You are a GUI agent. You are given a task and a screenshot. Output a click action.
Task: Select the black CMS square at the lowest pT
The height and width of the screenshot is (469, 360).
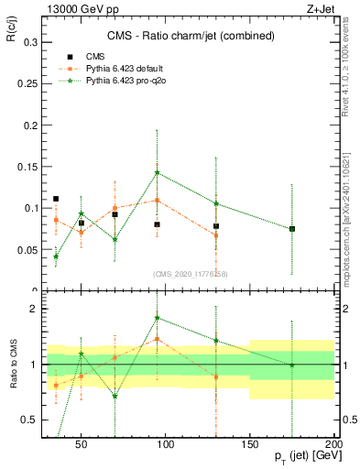(56, 199)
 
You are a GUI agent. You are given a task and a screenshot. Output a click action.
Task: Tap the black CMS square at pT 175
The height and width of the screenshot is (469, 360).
(292, 228)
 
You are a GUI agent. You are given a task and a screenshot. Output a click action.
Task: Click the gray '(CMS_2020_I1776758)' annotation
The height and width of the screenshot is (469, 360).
(191, 273)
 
